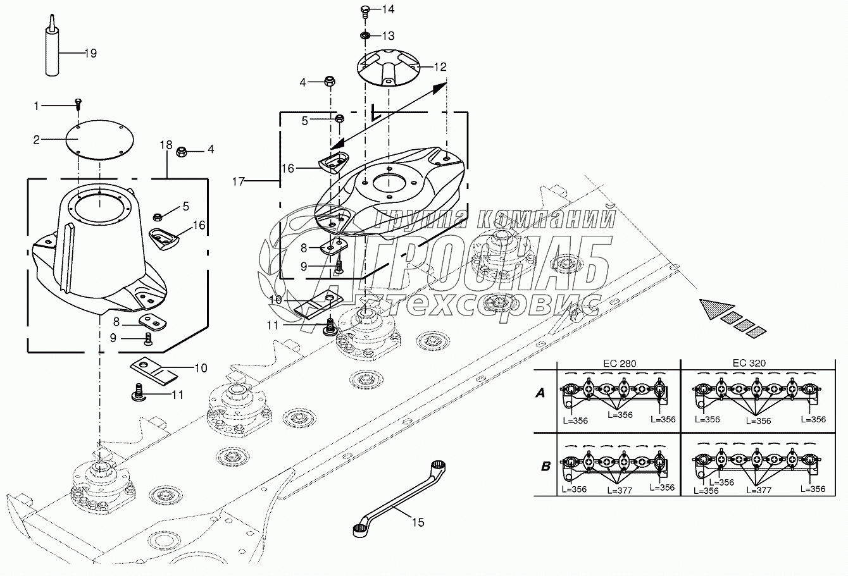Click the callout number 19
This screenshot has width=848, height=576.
[x=90, y=53]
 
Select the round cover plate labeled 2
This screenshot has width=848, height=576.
[x=99, y=140]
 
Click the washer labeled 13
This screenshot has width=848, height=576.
[x=365, y=35]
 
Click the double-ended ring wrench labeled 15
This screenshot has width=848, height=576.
[x=399, y=498]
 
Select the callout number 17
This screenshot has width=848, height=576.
[x=239, y=182]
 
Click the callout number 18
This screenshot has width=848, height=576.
[x=166, y=145]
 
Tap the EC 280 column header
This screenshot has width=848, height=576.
[x=620, y=364]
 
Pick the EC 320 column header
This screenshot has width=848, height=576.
[x=749, y=363]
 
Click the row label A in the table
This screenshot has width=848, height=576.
[x=540, y=393]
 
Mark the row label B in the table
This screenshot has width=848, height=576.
[x=546, y=467]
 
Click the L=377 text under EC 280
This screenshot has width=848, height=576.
[x=620, y=491]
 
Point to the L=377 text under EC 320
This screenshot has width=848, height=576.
[x=759, y=490]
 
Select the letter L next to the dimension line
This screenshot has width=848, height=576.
[x=377, y=112]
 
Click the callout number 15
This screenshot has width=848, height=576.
[x=418, y=522]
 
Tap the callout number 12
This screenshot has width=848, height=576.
[x=440, y=67]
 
